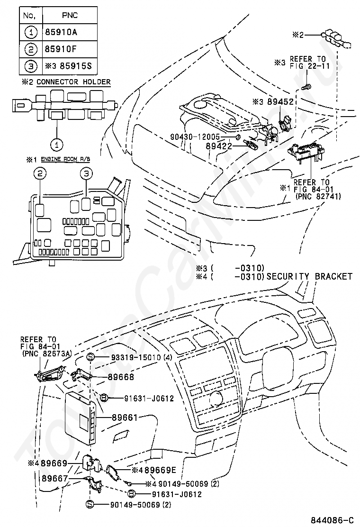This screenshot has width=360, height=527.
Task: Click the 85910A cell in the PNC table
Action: pyautogui.click(x=70, y=32)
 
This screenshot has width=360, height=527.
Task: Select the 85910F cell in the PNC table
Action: pyautogui.click(x=70, y=49)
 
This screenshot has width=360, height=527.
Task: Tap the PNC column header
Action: pyautogui.click(x=70, y=15)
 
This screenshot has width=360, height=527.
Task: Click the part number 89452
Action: pyautogui.click(x=280, y=101)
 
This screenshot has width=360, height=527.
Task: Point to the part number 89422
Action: pyautogui.click(x=219, y=146)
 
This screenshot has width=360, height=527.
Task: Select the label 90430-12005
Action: pyautogui.click(x=195, y=137)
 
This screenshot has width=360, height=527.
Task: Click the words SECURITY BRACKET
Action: pyautogui.click(x=309, y=276)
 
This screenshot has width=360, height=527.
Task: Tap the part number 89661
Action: pyautogui.click(x=125, y=418)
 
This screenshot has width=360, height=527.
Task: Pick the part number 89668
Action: pyautogui.click(x=121, y=377)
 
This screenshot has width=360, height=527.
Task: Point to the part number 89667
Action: pyautogui.click(x=55, y=478)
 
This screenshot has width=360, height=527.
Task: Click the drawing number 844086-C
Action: pyautogui.click(x=332, y=520)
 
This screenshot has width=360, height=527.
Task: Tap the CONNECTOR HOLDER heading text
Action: pyautogui.click(x=73, y=82)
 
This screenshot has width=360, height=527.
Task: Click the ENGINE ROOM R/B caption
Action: pyautogui.click(x=65, y=159)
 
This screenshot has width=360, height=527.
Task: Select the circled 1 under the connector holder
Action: pyautogui.click(x=57, y=145)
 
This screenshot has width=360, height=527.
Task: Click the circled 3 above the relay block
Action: pyautogui.click(x=86, y=173)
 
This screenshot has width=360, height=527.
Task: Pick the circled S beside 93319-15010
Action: pyautogui.click(x=91, y=357)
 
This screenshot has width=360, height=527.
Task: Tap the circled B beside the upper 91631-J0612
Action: pyautogui.click(x=104, y=398)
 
